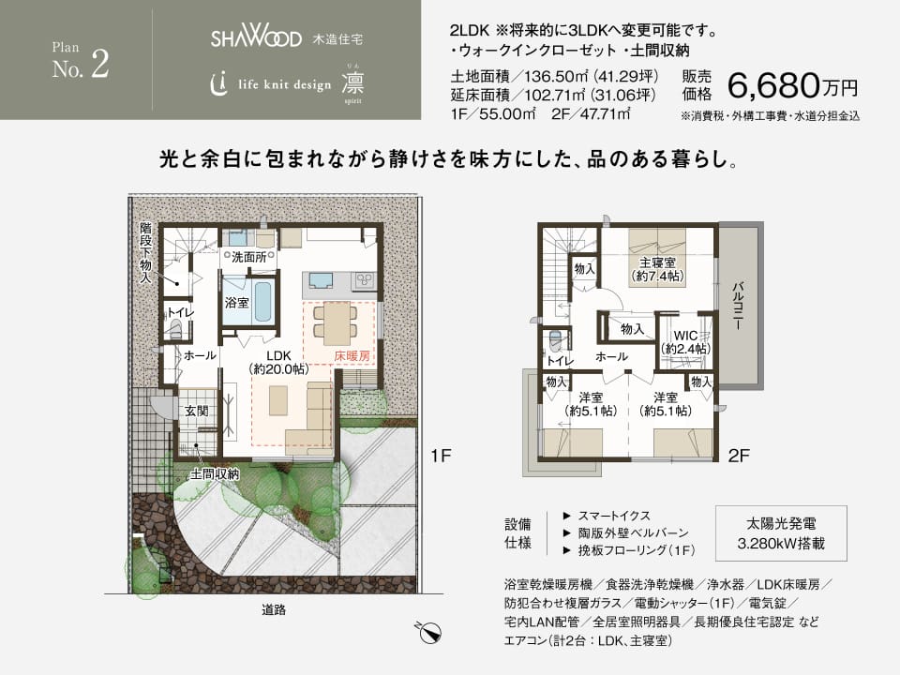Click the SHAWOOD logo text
[x=255, y=39]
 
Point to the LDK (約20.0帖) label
[x=278, y=363]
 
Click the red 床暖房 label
[x=352, y=356]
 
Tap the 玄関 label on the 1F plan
[x=196, y=411]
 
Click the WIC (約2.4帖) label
[x=685, y=341]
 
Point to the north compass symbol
[x=427, y=631]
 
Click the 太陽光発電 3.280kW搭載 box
[x=780, y=532]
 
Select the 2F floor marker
[x=739, y=457]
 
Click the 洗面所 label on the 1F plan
[x=248, y=257]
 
